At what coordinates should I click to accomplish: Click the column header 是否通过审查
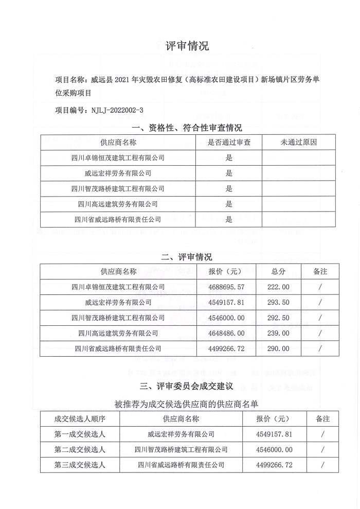point(229,143)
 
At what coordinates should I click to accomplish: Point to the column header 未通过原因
point(299,143)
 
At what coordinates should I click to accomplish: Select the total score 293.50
point(278,302)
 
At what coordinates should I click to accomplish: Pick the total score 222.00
point(278,287)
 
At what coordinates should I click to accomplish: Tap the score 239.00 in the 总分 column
point(278,333)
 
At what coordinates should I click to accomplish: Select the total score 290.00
point(278,348)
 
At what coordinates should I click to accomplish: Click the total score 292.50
point(278,318)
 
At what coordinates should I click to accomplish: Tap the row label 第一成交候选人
point(80,434)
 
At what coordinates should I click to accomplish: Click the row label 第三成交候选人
point(80,465)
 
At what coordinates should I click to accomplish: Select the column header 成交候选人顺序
point(80,418)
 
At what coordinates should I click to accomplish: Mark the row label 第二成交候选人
point(80,449)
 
